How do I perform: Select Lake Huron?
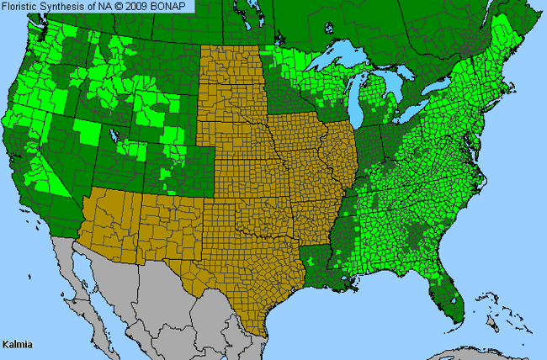tap(400, 88)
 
